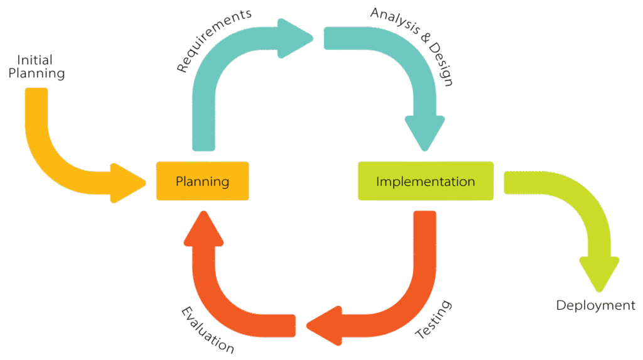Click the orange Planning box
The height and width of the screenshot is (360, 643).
coord(202,182)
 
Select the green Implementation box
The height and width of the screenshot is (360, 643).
coord(425,182)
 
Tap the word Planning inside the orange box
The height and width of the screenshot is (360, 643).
coord(202,182)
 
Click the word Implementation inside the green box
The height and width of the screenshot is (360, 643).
coord(425,182)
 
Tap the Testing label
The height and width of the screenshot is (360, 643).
coord(434,320)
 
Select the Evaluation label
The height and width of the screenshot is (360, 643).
coord(208,330)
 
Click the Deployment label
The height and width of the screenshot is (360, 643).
coord(596,306)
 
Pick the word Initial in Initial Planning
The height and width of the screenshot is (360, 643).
coord(35,60)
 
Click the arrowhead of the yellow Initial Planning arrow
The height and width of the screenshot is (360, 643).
coord(128,183)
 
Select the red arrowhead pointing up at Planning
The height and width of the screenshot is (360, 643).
coord(203,227)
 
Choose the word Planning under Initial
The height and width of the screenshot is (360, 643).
coord(41,74)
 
